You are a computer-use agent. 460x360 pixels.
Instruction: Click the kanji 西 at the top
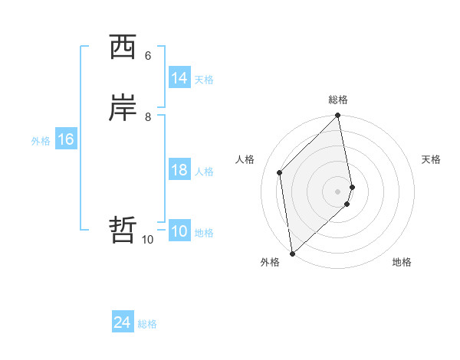(x=123, y=48)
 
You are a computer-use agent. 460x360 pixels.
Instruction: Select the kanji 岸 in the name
(x=123, y=109)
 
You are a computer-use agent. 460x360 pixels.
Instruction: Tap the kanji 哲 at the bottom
(x=123, y=230)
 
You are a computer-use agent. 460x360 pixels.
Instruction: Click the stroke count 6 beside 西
(x=148, y=56)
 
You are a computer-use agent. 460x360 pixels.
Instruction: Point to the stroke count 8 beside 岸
(x=148, y=116)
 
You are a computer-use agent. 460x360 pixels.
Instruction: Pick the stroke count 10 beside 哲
(x=148, y=240)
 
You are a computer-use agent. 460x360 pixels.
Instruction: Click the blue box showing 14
(x=179, y=78)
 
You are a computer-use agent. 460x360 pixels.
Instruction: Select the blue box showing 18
(x=179, y=170)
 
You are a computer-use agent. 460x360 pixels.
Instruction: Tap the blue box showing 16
(x=65, y=139)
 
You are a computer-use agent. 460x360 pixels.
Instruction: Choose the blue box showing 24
(x=122, y=322)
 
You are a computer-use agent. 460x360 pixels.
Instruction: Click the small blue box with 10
(x=179, y=231)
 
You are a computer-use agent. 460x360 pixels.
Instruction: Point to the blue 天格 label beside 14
(x=204, y=80)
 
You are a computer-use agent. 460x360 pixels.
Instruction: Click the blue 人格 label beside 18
(x=204, y=172)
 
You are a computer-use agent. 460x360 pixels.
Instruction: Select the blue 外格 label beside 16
(x=41, y=141)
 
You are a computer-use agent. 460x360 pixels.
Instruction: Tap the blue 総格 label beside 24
(x=147, y=324)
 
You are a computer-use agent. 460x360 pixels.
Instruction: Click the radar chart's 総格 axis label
(x=338, y=100)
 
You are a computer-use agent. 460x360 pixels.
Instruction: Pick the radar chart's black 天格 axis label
(x=431, y=159)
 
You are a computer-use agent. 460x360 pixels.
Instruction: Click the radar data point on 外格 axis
(x=292, y=253)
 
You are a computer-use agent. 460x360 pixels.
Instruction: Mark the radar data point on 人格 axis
(x=280, y=172)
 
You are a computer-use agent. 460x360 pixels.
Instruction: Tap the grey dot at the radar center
(x=338, y=191)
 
